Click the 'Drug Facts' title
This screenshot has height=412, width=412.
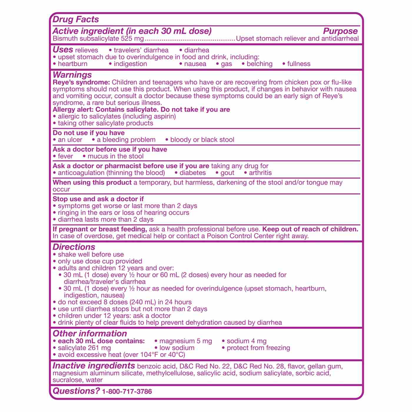tap(76, 19)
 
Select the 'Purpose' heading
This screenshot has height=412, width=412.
tap(340, 31)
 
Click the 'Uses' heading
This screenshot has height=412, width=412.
tap(63, 49)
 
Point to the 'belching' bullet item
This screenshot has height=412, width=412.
tap(259, 64)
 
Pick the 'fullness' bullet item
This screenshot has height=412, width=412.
tap(298, 64)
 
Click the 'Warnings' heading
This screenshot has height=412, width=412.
tap(72, 75)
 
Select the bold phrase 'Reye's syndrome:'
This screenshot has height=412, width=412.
tap(81, 82)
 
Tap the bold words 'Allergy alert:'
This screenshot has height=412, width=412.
tap(73, 109)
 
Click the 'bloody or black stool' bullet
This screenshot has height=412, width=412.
tap(202, 140)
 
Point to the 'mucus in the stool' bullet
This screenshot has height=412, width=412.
tap(115, 156)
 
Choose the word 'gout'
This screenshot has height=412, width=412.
tap(227, 173)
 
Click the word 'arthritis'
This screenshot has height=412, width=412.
tap(260, 173)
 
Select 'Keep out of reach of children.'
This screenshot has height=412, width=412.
tap(310, 229)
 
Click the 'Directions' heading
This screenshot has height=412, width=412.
tap(74, 247)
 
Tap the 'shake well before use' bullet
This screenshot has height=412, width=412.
tap(91, 255)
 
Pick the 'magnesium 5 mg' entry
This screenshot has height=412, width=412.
tap(185, 341)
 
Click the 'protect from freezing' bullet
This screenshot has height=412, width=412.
tap(258, 348)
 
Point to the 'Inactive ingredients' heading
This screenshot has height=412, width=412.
tap(94, 366)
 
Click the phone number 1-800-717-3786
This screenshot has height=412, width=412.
tap(127, 392)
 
